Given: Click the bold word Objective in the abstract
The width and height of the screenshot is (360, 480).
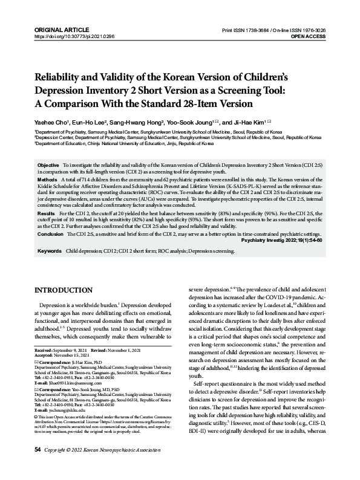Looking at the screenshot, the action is click(x=48, y=165).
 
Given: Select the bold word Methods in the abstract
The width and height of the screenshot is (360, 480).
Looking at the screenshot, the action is click(x=48, y=180).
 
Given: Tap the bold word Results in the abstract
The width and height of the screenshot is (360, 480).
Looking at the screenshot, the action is click(x=46, y=214).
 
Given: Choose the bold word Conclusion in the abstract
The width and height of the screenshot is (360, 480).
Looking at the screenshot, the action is click(x=51, y=233).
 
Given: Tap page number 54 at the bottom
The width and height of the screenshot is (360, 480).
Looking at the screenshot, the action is click(x=38, y=468).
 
